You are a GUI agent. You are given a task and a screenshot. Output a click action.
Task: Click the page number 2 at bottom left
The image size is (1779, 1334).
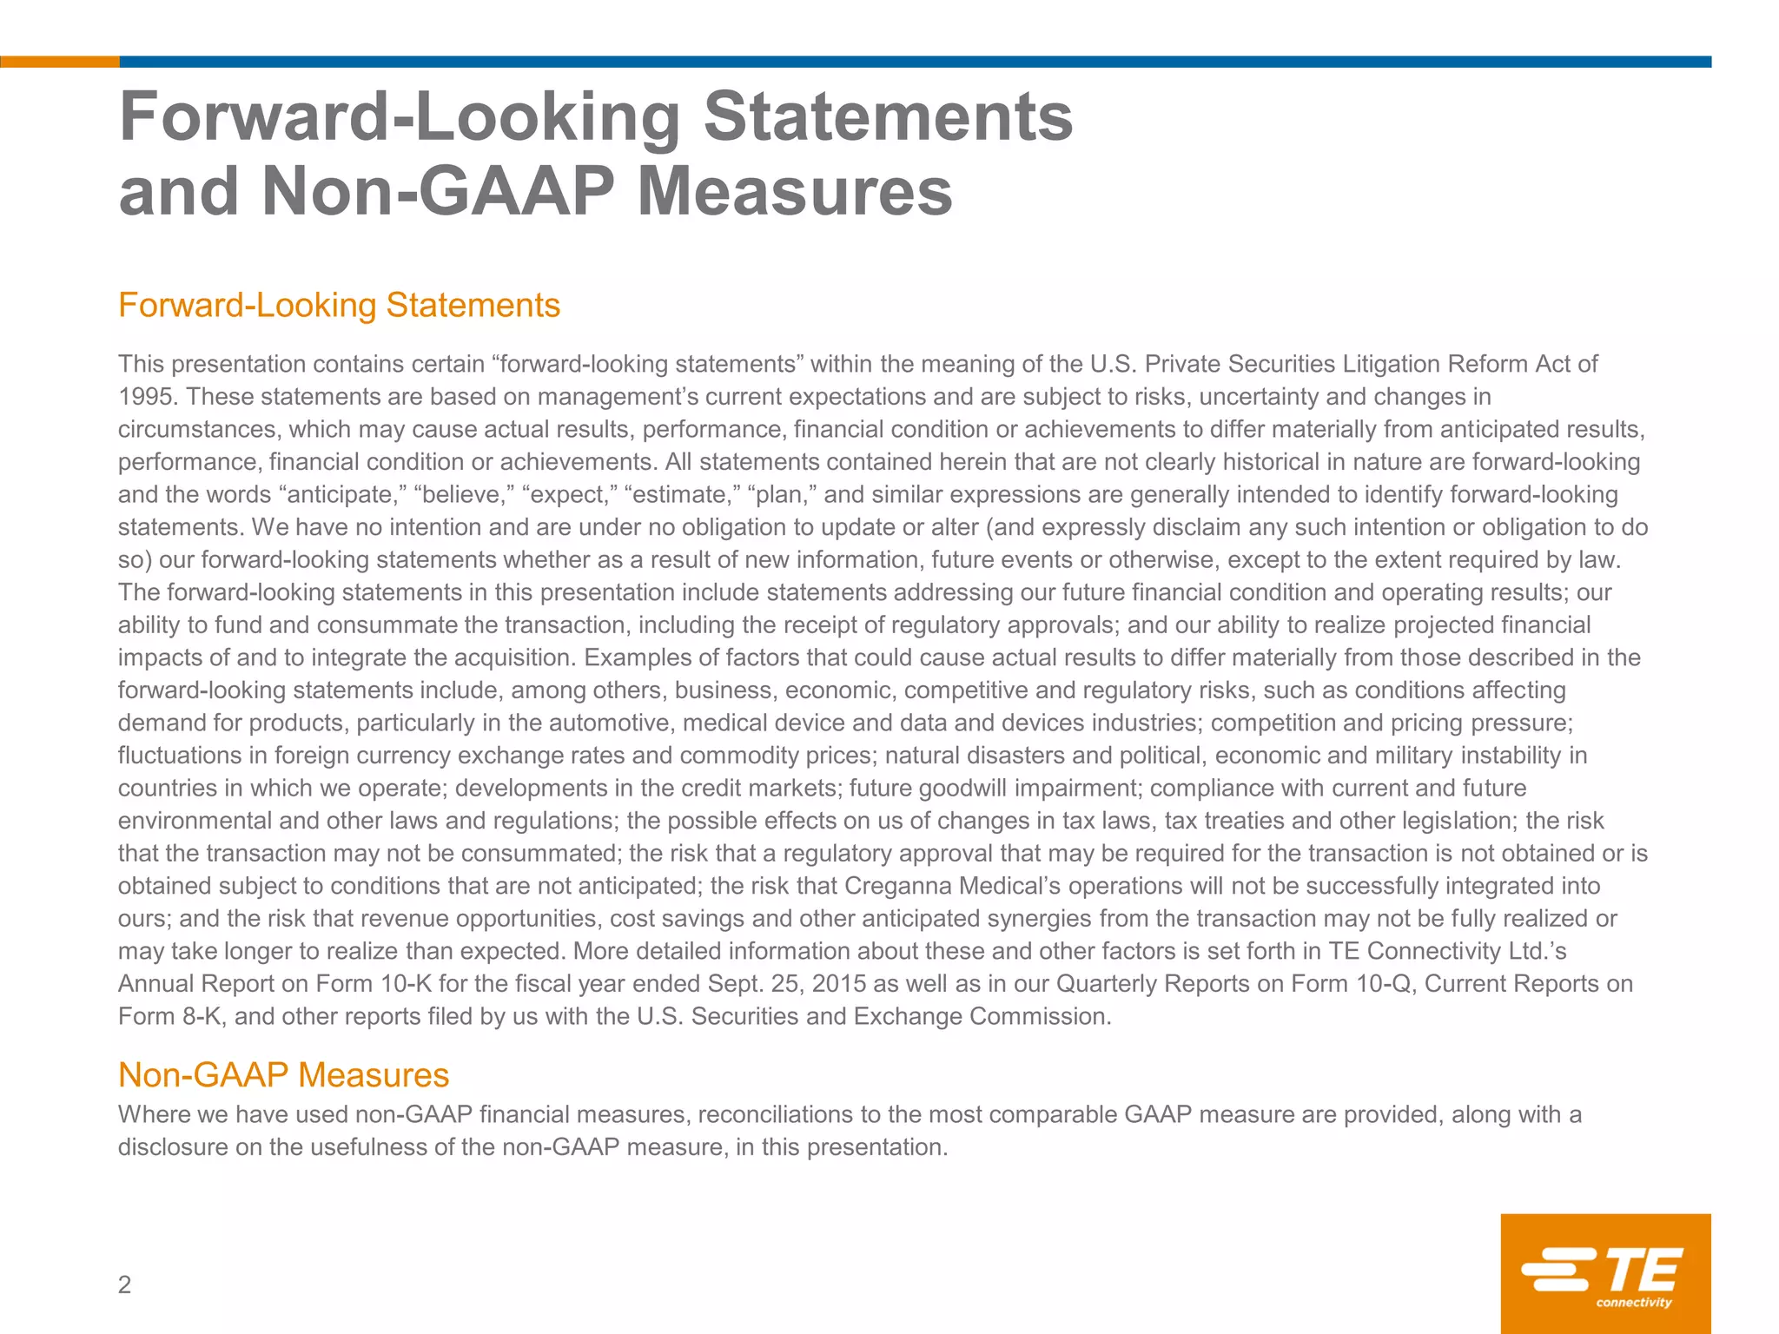click(124, 1284)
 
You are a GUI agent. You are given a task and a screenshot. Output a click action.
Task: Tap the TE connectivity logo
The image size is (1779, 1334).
click(1605, 1273)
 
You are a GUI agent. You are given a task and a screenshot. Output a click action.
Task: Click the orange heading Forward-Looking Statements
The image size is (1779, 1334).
click(339, 306)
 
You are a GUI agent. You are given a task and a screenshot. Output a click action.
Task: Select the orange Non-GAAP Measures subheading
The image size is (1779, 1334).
click(283, 1075)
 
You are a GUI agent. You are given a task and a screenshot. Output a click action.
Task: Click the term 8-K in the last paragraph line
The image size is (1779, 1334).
click(202, 1016)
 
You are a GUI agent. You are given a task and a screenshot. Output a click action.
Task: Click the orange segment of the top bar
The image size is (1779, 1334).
click(59, 62)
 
